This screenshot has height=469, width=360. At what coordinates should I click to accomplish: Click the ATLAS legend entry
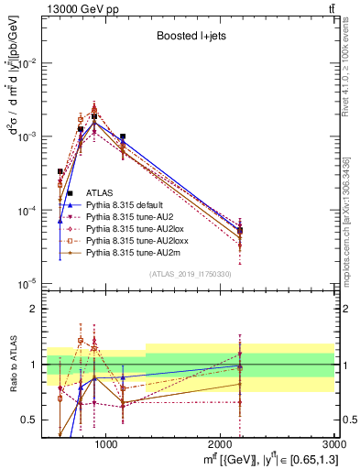click(x=99, y=192)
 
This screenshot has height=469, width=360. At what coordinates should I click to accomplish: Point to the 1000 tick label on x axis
click(x=106, y=444)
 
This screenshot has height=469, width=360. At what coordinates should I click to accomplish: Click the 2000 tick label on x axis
click(x=221, y=444)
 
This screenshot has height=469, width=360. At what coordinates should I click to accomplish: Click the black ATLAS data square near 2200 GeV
click(x=240, y=230)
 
